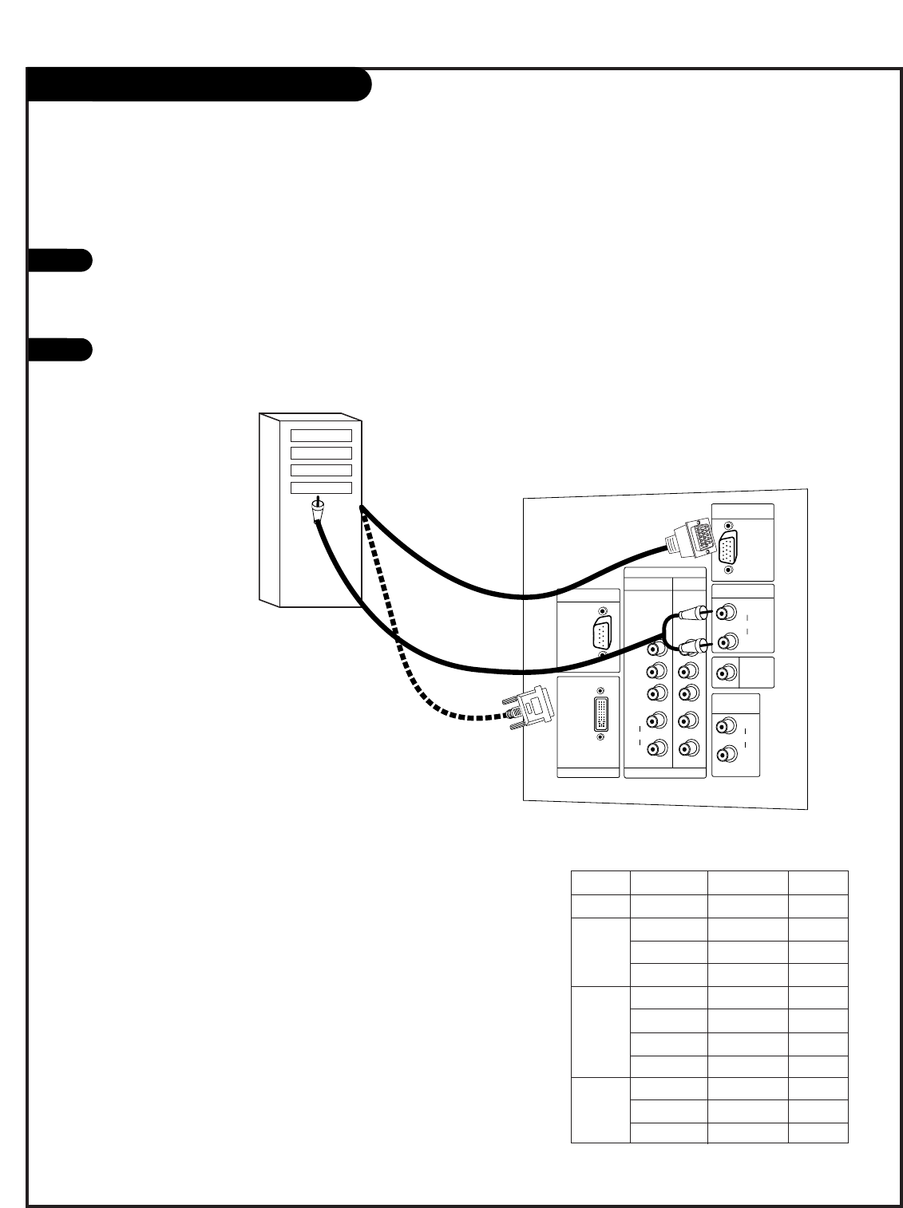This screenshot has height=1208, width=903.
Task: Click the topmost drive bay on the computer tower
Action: click(321, 435)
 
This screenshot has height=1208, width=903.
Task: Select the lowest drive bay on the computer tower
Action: click(321, 488)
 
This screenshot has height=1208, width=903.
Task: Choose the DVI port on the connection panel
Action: click(601, 712)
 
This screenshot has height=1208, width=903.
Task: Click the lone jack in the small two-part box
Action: click(726, 673)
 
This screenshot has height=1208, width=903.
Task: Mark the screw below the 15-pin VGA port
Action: click(728, 571)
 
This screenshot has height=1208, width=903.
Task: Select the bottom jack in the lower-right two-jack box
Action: click(727, 752)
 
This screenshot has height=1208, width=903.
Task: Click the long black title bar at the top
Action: click(199, 85)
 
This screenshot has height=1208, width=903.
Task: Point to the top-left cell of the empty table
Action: click(600, 882)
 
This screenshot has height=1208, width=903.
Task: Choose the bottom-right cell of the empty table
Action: click(818, 1132)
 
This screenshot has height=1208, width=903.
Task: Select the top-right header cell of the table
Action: click(818, 882)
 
